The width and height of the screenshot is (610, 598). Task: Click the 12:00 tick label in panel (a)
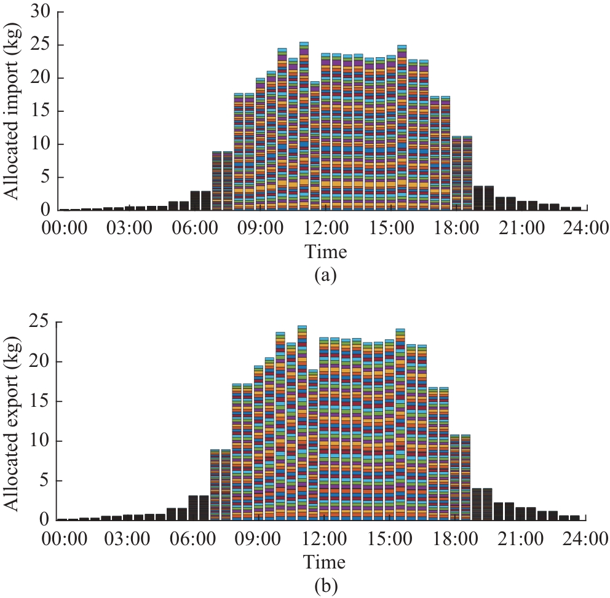tap(325, 229)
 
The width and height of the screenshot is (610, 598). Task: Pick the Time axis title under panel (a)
tap(325, 251)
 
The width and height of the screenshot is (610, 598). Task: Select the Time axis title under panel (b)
tap(324, 561)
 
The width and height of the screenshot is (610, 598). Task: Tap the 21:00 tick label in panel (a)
tap(522, 229)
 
